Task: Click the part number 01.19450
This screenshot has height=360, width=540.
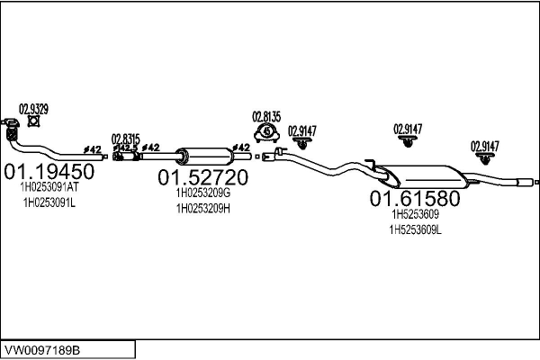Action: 49,171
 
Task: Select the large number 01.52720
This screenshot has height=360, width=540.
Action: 202,177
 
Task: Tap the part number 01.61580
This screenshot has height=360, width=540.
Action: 415,198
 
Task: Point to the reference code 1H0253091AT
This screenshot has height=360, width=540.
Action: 49,187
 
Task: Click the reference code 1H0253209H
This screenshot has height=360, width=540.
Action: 203,209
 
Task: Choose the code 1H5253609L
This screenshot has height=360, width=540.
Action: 415,229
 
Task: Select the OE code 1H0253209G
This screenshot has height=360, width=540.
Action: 203,193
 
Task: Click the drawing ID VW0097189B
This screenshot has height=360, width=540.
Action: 42,350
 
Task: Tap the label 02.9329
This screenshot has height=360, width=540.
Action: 33,109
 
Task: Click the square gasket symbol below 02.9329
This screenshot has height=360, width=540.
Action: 33,121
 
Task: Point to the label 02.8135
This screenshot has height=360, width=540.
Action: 266,117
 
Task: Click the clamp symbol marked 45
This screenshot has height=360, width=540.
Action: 267,133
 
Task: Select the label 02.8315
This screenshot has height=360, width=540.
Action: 126,139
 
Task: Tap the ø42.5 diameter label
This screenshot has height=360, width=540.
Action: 125,148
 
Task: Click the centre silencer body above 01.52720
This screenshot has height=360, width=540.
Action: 204,157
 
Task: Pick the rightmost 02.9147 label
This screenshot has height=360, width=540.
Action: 485,147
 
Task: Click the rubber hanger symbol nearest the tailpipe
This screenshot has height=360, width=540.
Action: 485,158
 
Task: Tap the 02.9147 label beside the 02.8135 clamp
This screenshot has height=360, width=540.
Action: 302,131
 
